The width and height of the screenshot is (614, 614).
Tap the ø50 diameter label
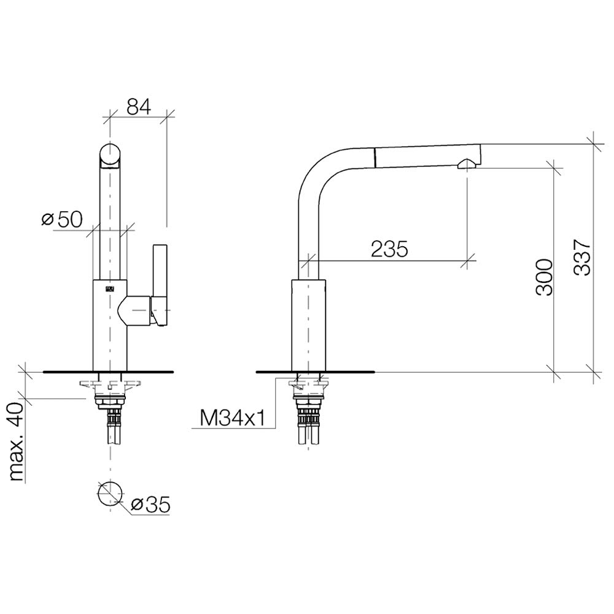62,219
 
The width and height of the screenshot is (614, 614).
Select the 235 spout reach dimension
389,249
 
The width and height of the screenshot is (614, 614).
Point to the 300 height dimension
544,277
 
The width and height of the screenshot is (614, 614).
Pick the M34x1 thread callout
232,418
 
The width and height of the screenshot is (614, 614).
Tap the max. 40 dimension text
17,443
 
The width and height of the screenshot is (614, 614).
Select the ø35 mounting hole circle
110,494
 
